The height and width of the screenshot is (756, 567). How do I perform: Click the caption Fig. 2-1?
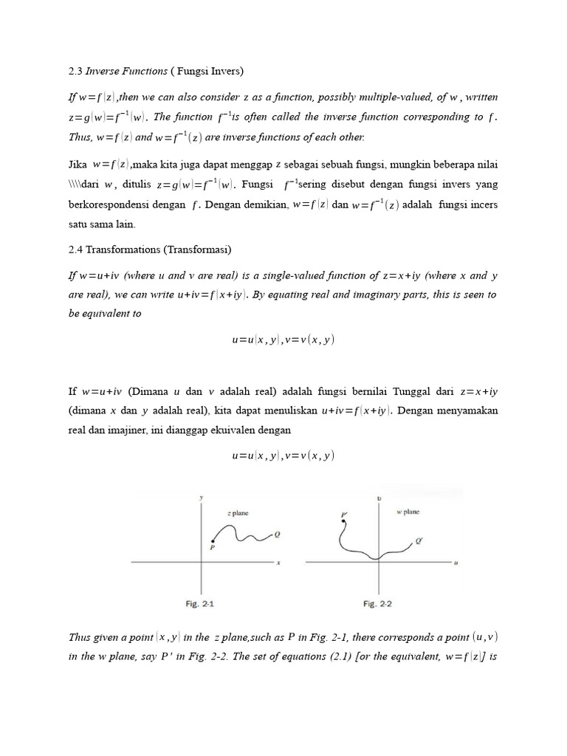tap(199, 604)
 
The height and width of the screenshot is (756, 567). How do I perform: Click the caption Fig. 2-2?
tap(377, 604)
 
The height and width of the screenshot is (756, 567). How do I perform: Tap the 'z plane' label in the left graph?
tap(238, 512)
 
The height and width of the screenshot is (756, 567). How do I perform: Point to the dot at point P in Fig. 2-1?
tap(213, 541)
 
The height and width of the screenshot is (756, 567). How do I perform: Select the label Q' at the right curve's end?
tap(419, 542)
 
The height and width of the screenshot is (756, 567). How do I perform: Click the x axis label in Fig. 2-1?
tap(279, 563)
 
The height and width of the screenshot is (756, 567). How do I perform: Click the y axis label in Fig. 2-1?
tap(201, 498)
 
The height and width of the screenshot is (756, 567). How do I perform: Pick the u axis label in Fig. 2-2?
tap(456, 563)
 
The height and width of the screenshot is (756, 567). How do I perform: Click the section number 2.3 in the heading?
tap(75, 71)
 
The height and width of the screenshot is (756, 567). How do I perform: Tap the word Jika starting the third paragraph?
tap(78, 164)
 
